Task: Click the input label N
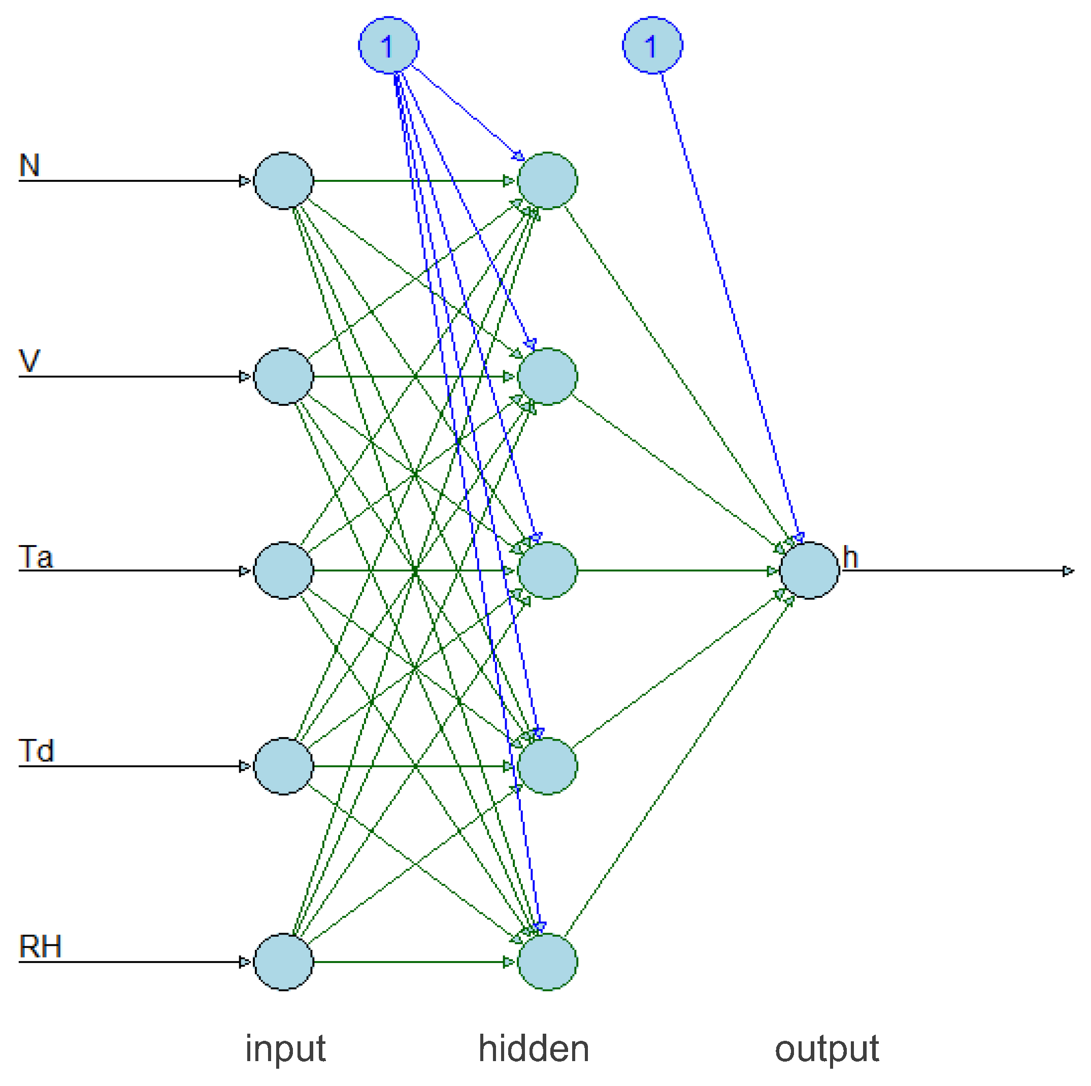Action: coord(29,166)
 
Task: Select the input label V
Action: coord(29,361)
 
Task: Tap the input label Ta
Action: coord(36,557)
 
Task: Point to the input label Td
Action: coord(36,751)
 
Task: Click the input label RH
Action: coord(40,946)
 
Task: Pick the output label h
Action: coord(850,558)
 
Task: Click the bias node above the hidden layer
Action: coord(388,45)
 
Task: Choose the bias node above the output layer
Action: coord(652,45)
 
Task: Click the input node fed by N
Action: coord(283,181)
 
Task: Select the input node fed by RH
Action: coord(283,962)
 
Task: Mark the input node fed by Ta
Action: coord(283,571)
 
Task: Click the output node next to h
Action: coord(809,571)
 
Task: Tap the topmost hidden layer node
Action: coord(547,181)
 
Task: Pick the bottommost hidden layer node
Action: coord(547,962)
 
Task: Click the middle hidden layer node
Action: coord(547,571)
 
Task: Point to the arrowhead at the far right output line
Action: coord(1068,571)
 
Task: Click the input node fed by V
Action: coord(283,376)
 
